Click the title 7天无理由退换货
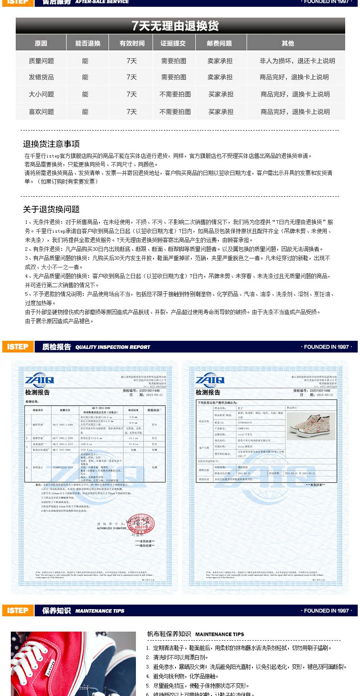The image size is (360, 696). tap(175, 26)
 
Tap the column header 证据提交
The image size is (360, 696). tap(173, 43)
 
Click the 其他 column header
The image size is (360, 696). tap(288, 43)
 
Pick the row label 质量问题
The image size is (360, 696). tap(41, 61)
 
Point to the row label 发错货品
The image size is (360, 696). tap(41, 77)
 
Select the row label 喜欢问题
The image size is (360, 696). tap(41, 112)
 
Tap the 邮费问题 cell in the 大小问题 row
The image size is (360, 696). tap(220, 95)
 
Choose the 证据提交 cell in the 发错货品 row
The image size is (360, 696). tap(174, 77)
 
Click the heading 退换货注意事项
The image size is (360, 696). tap(51, 144)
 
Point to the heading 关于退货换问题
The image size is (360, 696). tap(51, 209)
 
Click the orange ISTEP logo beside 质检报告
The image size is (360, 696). tap(18, 347)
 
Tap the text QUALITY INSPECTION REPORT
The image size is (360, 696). tap(112, 347)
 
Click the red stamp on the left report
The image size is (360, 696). tap(137, 523)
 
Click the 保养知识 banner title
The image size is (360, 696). tap(56, 611)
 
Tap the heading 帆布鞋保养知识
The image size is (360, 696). tap(169, 634)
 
